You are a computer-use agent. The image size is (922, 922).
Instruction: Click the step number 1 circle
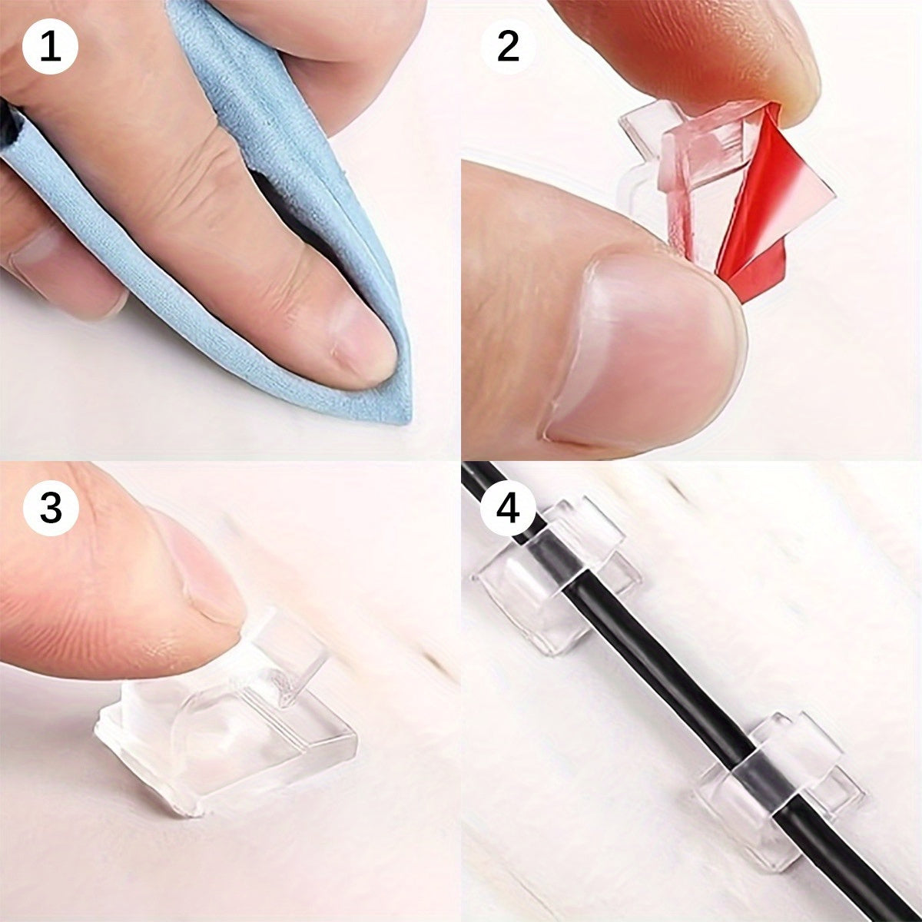coord(50,47)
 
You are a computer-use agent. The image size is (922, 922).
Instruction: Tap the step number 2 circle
coord(507,47)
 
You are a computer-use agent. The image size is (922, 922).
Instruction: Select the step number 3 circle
coord(51,508)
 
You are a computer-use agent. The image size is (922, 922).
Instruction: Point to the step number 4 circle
coord(508,508)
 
